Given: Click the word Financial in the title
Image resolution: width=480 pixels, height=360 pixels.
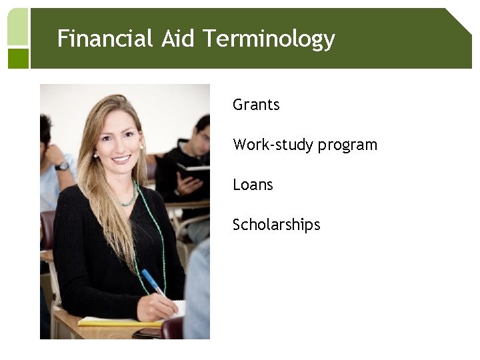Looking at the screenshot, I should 105,39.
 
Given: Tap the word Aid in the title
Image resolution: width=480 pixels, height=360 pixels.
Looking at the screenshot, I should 177,39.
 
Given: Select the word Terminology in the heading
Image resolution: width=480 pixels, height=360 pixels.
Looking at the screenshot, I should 268,40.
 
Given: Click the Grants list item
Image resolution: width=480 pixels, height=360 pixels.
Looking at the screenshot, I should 256,105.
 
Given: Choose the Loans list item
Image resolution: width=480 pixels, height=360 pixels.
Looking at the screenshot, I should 253,185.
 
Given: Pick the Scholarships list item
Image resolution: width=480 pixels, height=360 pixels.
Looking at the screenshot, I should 276,225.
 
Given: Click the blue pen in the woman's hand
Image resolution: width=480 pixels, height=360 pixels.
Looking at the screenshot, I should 152,281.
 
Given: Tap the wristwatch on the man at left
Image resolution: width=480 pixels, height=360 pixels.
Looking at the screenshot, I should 62,165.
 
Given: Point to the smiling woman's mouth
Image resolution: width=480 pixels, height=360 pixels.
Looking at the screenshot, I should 121,159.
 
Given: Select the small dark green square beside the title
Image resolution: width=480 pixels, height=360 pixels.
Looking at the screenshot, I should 18,59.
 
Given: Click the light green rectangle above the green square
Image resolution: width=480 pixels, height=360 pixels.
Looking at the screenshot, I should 18,27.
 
